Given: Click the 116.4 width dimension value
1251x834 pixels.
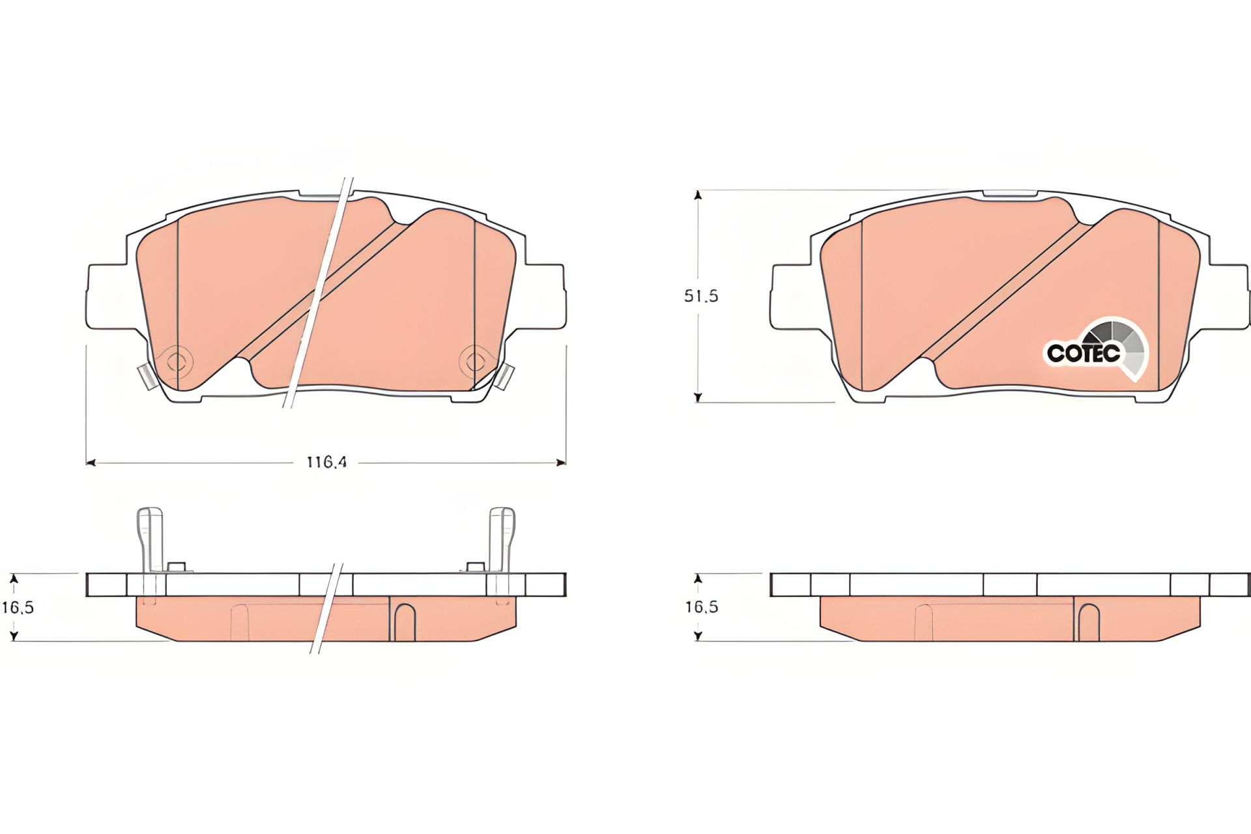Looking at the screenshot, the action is tap(326, 463).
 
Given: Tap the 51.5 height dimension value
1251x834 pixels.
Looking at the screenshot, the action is tap(700, 296).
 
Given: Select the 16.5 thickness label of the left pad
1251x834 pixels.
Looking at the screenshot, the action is tap(18, 608).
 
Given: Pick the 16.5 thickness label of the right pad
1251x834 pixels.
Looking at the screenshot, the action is tap(702, 607).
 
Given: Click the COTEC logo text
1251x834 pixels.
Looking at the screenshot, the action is tap(1083, 353).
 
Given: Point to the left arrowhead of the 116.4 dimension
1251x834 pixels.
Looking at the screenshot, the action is tap(91, 463).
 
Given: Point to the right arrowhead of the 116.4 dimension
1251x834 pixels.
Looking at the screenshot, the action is tap(560, 463).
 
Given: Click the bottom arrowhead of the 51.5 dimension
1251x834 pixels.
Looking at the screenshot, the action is tap(698, 397).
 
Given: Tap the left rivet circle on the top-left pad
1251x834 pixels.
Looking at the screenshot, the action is tap(177, 361).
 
